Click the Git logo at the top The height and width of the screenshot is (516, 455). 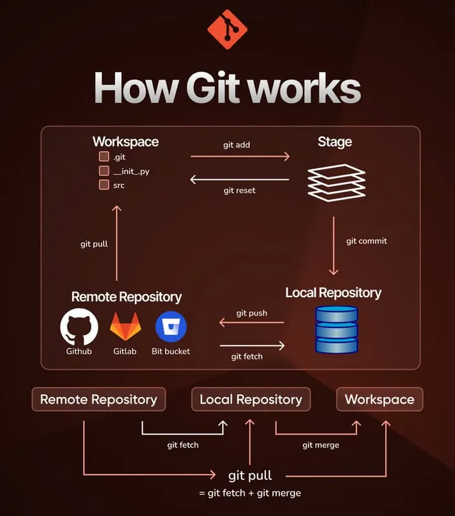pyautogui.click(x=227, y=30)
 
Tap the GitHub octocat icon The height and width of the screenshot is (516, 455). pyautogui.click(x=79, y=328)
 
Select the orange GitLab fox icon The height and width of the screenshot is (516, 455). pyautogui.click(x=125, y=328)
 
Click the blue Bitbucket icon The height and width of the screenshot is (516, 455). pyautogui.click(x=171, y=328)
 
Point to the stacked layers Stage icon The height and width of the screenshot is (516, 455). pyautogui.click(x=336, y=182)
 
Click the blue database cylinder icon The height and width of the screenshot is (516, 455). pyautogui.click(x=336, y=330)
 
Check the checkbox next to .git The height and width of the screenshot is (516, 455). pyautogui.click(x=104, y=157)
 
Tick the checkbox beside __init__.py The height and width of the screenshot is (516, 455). pyautogui.click(x=104, y=171)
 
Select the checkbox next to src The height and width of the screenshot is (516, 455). pyautogui.click(x=104, y=185)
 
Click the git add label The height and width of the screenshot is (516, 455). pyautogui.click(x=236, y=145)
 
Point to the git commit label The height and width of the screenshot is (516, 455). pyautogui.click(x=366, y=241)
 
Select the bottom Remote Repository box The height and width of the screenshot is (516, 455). pyautogui.click(x=98, y=399)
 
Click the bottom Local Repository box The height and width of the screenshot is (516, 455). pyautogui.click(x=250, y=399)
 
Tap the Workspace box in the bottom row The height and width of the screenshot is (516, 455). pyautogui.click(x=379, y=399)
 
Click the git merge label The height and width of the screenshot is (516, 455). pyautogui.click(x=320, y=445)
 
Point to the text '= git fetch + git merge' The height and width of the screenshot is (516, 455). pyautogui.click(x=250, y=493)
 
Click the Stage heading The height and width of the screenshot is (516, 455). pyautogui.click(x=335, y=142)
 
